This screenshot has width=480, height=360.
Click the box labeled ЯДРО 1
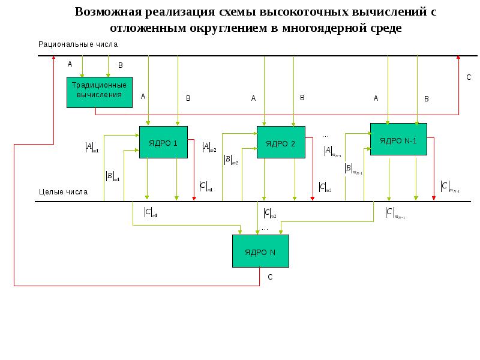click(x=163, y=142)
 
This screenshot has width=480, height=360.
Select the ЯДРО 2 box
click(x=281, y=142)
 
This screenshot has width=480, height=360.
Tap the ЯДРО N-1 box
click(x=398, y=139)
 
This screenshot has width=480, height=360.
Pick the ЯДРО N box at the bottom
click(x=260, y=251)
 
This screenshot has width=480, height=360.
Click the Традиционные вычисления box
click(x=99, y=92)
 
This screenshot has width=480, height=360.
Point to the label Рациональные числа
click(x=78, y=44)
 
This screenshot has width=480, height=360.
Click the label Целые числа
click(x=63, y=192)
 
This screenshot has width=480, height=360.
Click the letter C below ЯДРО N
click(x=270, y=277)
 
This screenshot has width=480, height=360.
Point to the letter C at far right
click(x=469, y=77)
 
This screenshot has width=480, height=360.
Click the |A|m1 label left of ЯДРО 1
click(x=92, y=146)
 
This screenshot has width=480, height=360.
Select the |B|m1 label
click(x=112, y=176)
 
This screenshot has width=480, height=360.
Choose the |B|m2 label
click(x=230, y=160)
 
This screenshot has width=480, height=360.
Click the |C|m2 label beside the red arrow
click(x=325, y=187)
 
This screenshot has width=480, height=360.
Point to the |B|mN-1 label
click(x=353, y=170)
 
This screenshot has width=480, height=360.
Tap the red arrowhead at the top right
click(x=458, y=58)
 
